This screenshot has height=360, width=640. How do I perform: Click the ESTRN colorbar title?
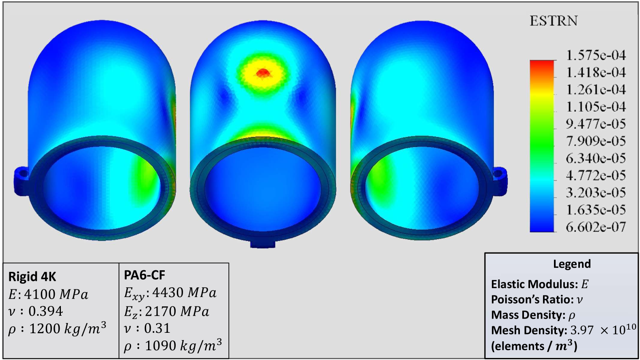coord(554,21)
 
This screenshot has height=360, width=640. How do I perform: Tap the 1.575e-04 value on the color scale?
coord(596,55)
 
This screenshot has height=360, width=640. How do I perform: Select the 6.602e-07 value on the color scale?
coord(596,227)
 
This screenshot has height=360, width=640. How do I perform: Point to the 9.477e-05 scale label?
coord(596,124)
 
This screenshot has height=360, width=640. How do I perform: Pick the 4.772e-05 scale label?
coord(596,175)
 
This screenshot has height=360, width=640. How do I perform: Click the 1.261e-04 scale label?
coord(596,89)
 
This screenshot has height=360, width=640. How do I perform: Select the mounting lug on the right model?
coord(500,179)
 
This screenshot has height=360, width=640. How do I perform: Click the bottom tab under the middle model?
coord(263,244)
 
